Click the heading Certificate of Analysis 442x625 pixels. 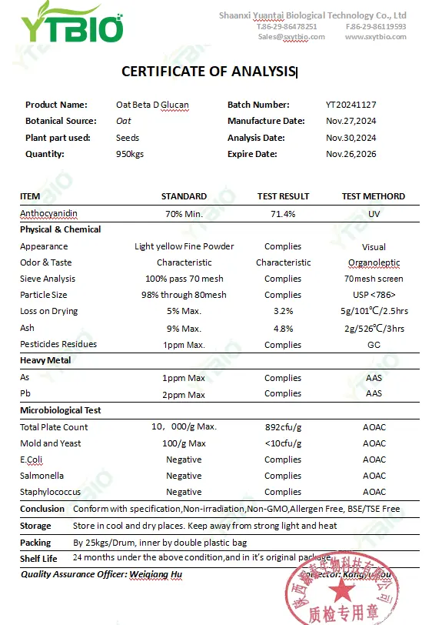point(208,72)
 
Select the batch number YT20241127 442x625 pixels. point(351,105)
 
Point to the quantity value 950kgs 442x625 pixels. point(129,154)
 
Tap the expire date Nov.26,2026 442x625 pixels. point(351,154)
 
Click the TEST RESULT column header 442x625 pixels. point(283,196)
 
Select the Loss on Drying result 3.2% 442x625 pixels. point(283,311)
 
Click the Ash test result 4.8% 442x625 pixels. point(283,328)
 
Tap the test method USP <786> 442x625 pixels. point(374,295)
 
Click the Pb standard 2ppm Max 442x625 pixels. point(184,395)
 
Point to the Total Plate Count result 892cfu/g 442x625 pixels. point(283,427)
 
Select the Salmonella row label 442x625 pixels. point(42,476)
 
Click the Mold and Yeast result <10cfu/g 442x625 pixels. point(283,443)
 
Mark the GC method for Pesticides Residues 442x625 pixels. point(374,345)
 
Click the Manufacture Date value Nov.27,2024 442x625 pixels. point(351,121)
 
